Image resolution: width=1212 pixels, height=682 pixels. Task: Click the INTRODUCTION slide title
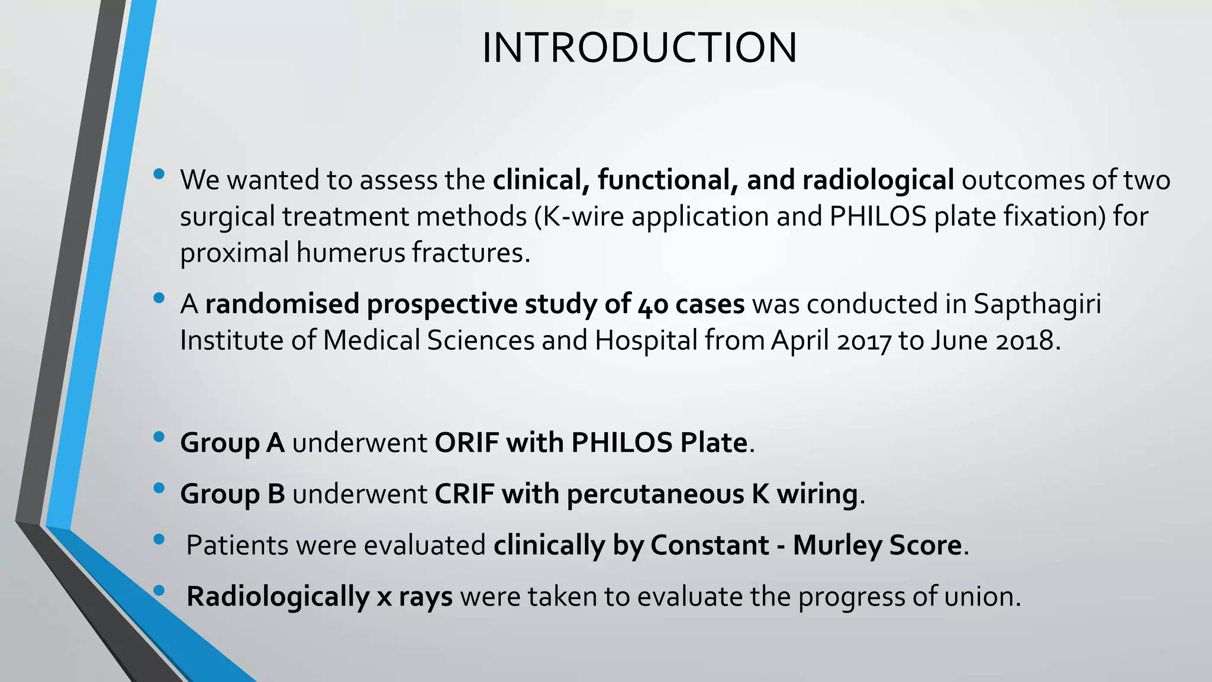tap(639, 47)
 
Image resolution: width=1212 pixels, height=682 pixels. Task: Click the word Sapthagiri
tap(1037, 304)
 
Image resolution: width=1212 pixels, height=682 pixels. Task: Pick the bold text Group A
tap(232, 443)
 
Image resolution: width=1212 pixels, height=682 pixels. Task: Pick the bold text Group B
tap(232, 494)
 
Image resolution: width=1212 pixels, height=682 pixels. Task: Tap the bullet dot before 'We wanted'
tap(159, 174)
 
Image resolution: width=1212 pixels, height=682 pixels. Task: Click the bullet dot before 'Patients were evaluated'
tap(159, 539)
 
